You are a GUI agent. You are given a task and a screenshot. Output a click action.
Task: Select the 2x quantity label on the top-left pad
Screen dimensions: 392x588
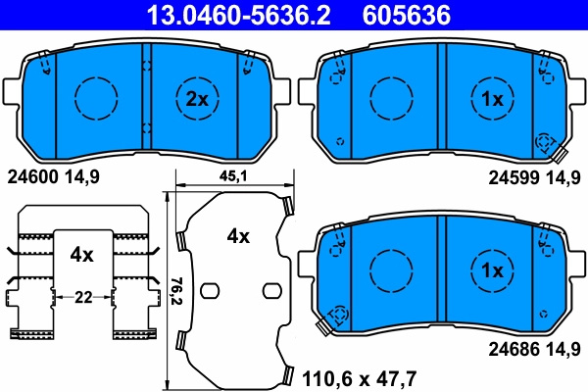tap(197, 99)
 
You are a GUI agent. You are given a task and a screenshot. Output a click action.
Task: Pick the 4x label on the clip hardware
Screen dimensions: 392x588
tap(81, 255)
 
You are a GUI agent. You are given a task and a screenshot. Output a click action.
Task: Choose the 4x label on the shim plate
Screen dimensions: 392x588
tap(238, 236)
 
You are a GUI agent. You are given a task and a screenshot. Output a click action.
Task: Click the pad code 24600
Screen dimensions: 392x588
tap(32, 177)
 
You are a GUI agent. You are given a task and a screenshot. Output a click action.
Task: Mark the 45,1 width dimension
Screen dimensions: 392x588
tap(231, 176)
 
